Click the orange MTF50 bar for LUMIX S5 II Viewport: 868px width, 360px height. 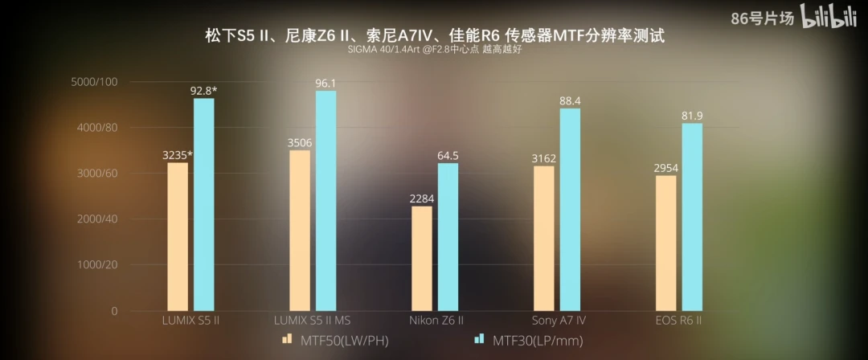click(x=178, y=236)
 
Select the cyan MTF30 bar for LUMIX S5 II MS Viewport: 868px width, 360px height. click(x=325, y=200)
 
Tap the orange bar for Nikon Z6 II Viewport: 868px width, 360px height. click(x=421, y=258)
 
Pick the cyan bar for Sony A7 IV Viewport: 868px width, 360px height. click(x=569, y=209)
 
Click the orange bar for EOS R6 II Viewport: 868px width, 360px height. click(x=665, y=243)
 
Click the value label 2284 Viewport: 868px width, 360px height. click(x=422, y=198)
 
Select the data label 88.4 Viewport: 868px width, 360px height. click(x=569, y=100)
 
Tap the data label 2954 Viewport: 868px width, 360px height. click(x=666, y=166)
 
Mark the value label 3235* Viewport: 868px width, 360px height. click(x=178, y=154)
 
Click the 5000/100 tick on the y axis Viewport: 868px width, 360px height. click(x=94, y=82)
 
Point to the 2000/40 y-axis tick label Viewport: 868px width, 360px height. click(x=94, y=219)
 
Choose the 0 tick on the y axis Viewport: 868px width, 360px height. click(x=113, y=311)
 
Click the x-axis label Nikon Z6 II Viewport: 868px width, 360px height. click(x=437, y=321)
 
